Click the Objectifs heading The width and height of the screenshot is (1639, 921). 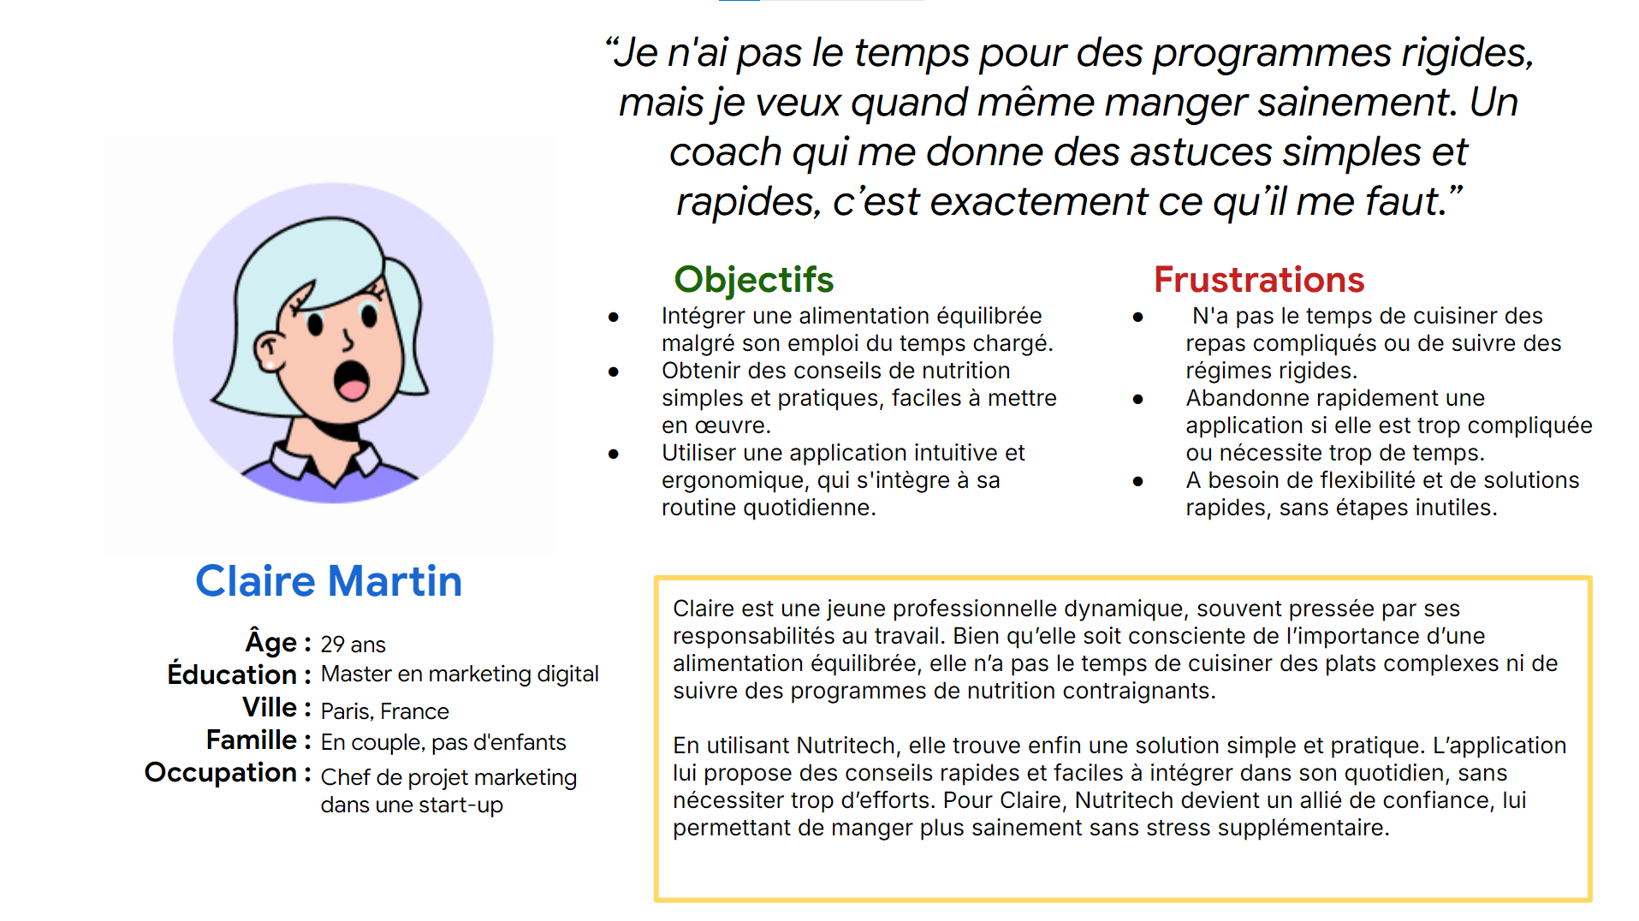tap(753, 280)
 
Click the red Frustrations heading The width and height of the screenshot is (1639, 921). tap(1258, 280)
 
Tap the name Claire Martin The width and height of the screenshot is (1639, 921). tap(329, 581)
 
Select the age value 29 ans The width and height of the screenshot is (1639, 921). tap(353, 645)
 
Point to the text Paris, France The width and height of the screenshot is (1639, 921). tap(384, 711)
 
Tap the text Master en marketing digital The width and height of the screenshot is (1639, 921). tap(460, 674)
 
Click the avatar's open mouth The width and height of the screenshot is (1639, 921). tap(351, 381)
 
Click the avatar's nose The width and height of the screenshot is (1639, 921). tap(347, 341)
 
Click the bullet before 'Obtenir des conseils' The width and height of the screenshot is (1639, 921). tap(614, 371)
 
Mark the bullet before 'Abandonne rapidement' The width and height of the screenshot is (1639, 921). tap(1137, 399)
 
